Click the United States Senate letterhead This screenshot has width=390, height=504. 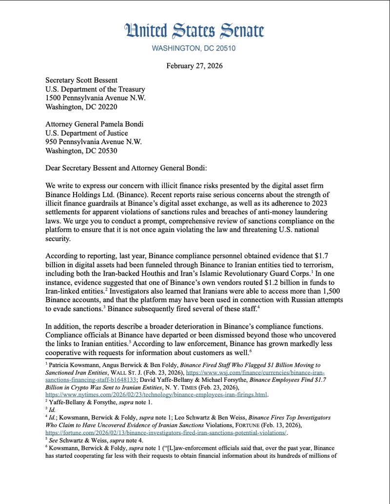point(195,30)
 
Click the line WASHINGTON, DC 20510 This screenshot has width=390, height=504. point(195,48)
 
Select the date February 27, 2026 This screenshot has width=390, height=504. point(195,66)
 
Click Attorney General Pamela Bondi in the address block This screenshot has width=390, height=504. point(94,124)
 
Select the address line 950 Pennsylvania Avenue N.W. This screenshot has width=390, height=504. point(94,142)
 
